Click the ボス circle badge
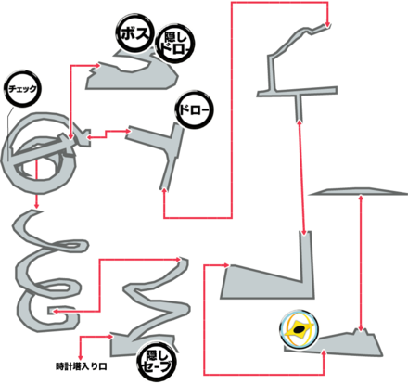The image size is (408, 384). pos(134,33)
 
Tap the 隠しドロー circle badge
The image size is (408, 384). pos(175,45)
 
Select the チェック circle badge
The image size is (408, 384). pos(23,89)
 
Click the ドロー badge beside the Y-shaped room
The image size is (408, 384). pos(194,109)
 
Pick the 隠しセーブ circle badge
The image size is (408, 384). pos(157,361)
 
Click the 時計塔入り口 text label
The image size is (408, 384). pos(82,366)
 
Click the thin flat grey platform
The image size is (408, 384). pos(359,192)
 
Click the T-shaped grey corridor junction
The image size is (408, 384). pos(298,92)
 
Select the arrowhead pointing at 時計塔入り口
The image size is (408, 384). pos(81,358)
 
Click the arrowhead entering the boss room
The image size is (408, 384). pos(98,65)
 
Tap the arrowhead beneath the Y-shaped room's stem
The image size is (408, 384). pos(164,190)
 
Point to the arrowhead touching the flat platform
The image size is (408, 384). pos(361,197)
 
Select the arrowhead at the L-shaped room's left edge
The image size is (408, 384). pos(226,265)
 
